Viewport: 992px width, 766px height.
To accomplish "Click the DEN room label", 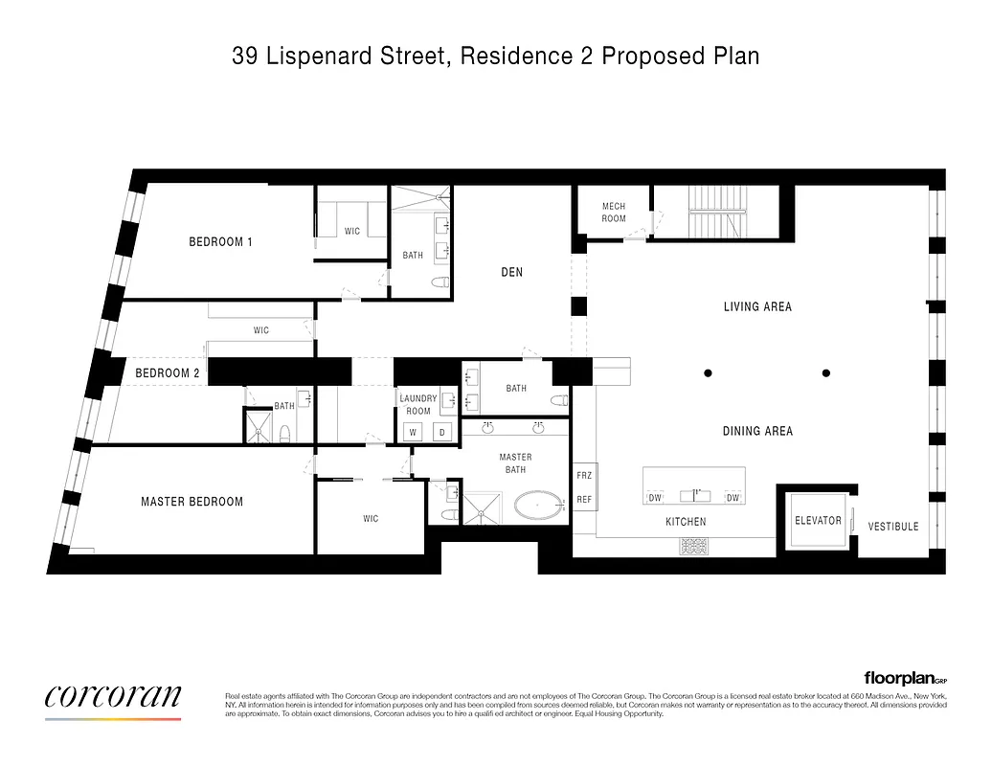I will tap(512, 273).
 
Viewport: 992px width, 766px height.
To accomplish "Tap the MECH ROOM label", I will tap(614, 213).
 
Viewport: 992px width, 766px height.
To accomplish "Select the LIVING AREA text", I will tap(756, 307).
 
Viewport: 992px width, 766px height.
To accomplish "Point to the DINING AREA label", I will tap(757, 432).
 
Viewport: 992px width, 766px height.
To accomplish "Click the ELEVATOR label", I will tap(818, 521).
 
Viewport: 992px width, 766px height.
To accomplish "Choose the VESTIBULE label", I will tap(892, 527).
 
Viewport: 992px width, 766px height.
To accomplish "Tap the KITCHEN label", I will tap(686, 522).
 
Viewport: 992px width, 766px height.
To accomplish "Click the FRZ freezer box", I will tap(584, 476).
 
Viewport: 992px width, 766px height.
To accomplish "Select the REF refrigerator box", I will tap(584, 499).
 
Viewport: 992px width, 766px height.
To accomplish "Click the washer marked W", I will tap(414, 433).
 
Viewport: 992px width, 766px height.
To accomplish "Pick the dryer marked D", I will tap(442, 433).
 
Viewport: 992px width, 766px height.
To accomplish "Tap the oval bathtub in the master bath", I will tap(540, 505).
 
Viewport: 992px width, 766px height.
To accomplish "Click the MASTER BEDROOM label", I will tap(192, 502).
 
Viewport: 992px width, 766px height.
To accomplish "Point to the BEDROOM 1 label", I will tap(220, 242).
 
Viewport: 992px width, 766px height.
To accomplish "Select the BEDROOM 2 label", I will tap(168, 373).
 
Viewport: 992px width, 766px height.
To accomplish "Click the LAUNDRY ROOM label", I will tap(418, 405).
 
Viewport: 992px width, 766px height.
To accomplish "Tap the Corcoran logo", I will tap(113, 696).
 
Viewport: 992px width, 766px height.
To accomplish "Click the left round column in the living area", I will tap(708, 372).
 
